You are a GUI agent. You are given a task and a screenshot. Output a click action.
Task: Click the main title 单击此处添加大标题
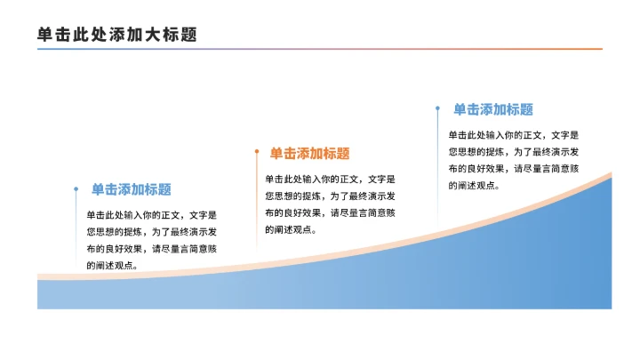[x=116, y=34]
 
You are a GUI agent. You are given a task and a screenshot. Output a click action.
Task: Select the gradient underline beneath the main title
[x=320, y=49]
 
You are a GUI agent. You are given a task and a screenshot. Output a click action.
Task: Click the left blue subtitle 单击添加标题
[x=131, y=189]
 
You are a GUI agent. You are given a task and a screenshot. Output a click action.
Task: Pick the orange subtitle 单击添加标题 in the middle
[x=309, y=154]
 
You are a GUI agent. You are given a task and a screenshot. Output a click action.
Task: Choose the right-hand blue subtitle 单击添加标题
[x=493, y=109]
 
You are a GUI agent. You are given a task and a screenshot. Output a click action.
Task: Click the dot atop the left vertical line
[x=76, y=188]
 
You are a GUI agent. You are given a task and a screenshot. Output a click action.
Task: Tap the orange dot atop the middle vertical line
[x=257, y=152]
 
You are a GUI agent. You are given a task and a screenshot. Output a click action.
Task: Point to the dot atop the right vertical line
[x=437, y=108]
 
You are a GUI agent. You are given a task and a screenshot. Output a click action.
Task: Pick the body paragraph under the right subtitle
[x=513, y=160]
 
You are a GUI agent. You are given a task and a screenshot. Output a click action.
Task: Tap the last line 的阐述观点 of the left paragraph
[x=112, y=266]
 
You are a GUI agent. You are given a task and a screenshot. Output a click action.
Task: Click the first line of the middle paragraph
[x=330, y=179]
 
